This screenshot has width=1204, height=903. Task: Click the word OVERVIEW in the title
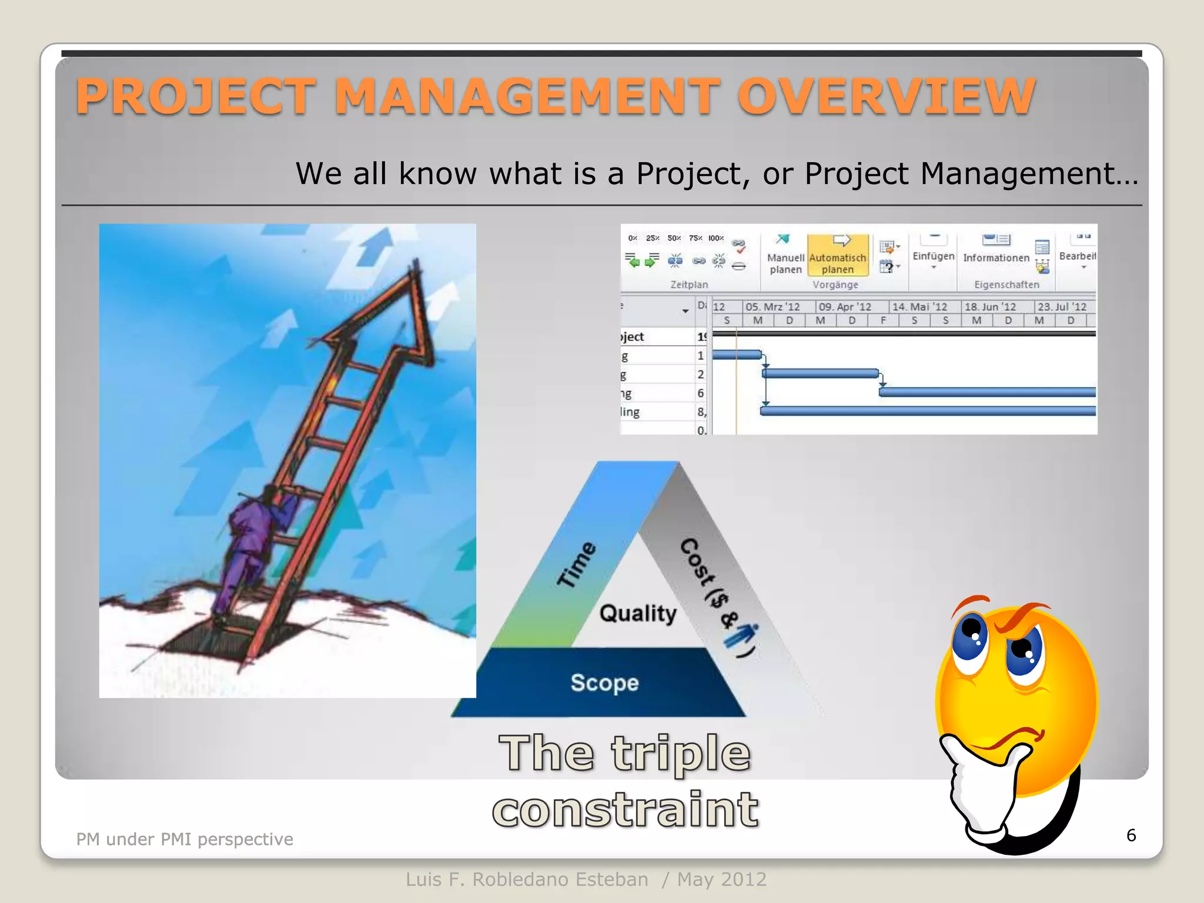point(886,96)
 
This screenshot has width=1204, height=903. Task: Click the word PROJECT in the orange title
point(196,96)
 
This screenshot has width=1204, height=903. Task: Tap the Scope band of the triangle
point(604,683)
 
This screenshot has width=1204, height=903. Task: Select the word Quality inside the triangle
point(638,613)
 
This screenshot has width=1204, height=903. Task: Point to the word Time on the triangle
point(577,564)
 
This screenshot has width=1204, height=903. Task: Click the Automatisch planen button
point(837,256)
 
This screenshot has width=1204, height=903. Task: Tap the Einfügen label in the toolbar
point(933,256)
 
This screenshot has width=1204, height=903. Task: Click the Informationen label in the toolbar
point(996,257)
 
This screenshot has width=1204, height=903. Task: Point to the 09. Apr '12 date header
point(845,307)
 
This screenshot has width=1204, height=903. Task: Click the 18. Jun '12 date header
point(990,307)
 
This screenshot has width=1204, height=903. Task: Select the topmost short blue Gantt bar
point(737,354)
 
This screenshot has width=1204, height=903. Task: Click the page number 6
point(1131,835)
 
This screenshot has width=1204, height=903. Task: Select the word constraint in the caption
point(626,810)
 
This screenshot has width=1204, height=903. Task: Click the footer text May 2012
point(721,879)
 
